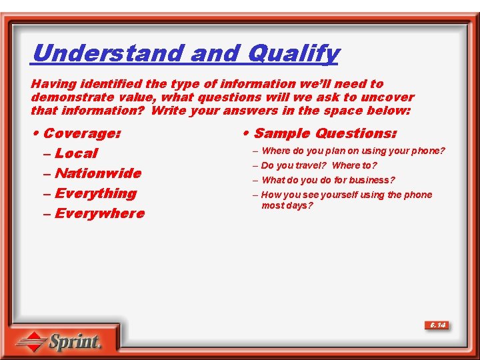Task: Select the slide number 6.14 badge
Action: [x=437, y=325]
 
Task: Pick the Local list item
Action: [x=76, y=153]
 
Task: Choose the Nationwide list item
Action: [x=97, y=173]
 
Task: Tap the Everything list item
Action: [x=95, y=193]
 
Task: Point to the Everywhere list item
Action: [x=99, y=213]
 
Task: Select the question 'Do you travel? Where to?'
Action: [x=319, y=165]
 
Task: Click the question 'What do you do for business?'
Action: [x=328, y=180]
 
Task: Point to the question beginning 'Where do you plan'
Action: [x=353, y=151]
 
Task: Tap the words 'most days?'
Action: [x=287, y=205]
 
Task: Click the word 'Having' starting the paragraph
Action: [x=54, y=84]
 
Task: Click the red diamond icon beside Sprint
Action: [x=31, y=343]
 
